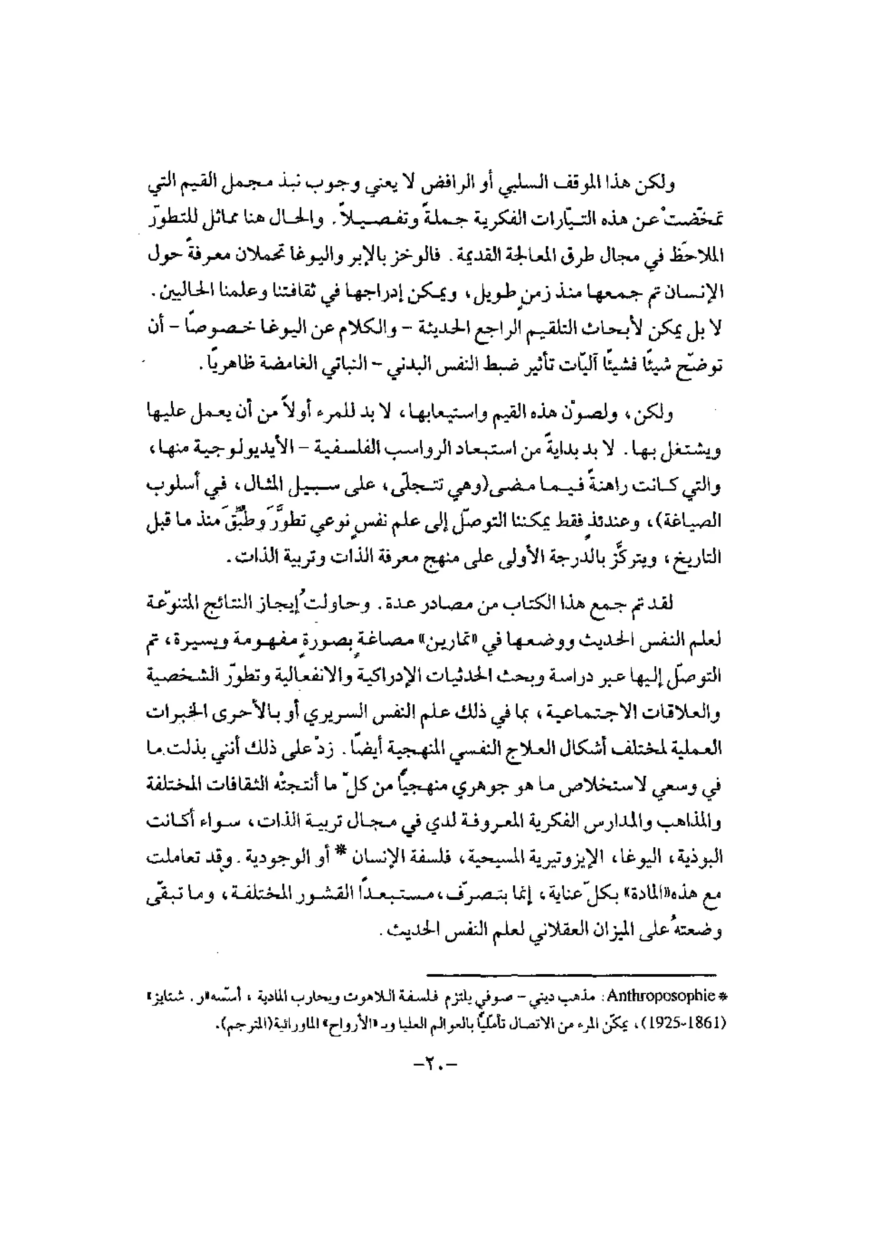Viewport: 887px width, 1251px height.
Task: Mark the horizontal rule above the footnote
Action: click(571, 973)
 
